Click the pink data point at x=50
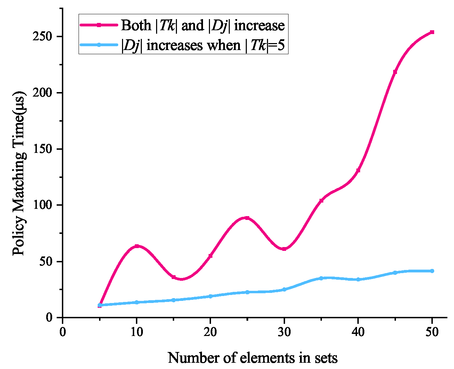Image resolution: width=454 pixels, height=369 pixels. pyautogui.click(x=432, y=32)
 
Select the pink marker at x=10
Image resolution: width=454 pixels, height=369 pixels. pyautogui.click(x=137, y=246)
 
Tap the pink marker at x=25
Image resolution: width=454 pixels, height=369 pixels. pyautogui.click(x=247, y=218)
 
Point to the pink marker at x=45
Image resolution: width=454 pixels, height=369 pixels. pyautogui.click(x=395, y=72)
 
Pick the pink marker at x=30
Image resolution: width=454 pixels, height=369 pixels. pyautogui.click(x=284, y=249)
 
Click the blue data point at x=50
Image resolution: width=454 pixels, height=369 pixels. pyautogui.click(x=432, y=271)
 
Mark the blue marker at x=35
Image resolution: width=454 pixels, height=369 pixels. pyautogui.click(x=321, y=278)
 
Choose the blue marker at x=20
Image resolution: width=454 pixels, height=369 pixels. pyautogui.click(x=210, y=296)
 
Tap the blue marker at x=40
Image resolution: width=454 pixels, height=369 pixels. pyautogui.click(x=358, y=279)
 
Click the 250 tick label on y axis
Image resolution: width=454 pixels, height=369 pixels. pyautogui.click(x=43, y=37)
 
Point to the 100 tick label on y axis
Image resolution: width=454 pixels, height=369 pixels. pyautogui.click(x=43, y=205)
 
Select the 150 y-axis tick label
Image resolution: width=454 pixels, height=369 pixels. pyautogui.click(x=43, y=149)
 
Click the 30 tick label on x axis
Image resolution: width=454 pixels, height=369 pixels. pyautogui.click(x=284, y=332)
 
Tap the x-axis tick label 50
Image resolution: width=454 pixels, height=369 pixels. pyautogui.click(x=432, y=332)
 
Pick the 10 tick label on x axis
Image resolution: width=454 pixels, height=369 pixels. pyautogui.click(x=137, y=332)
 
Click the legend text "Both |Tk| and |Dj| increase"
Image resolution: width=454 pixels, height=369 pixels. pyautogui.click(x=203, y=25)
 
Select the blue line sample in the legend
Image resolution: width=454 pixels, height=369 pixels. pyautogui.click(x=99, y=45)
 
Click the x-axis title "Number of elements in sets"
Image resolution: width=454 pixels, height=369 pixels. pyautogui.click(x=253, y=358)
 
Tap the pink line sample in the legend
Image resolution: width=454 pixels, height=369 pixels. pyautogui.click(x=99, y=25)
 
